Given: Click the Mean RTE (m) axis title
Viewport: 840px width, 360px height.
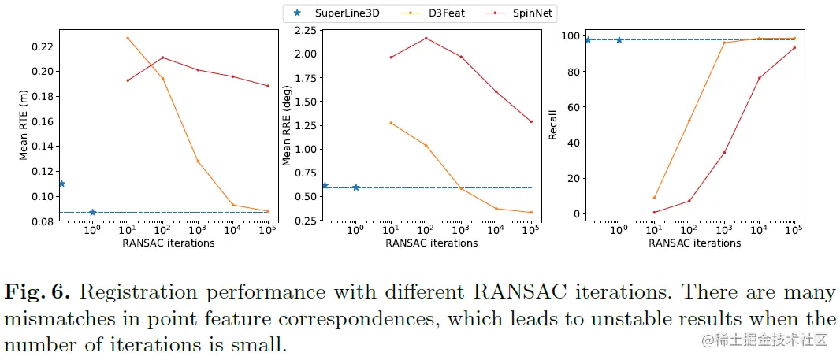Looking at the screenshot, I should [x=24, y=127].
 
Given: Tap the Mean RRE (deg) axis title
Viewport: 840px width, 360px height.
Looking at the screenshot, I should [x=287, y=127].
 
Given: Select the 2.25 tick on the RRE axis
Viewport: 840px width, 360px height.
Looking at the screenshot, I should [x=304, y=31].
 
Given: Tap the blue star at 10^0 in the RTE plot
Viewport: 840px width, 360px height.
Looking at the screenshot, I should [x=93, y=213].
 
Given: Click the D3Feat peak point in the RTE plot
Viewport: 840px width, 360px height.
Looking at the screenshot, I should [x=127, y=38].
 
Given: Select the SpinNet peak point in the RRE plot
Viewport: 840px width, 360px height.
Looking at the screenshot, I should [x=426, y=38].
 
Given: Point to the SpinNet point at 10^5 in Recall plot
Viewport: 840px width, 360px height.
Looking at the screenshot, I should [x=794, y=47].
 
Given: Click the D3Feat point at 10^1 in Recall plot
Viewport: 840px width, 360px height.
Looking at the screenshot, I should [x=654, y=198].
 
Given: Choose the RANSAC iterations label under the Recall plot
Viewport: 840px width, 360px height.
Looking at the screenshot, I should [x=694, y=243].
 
